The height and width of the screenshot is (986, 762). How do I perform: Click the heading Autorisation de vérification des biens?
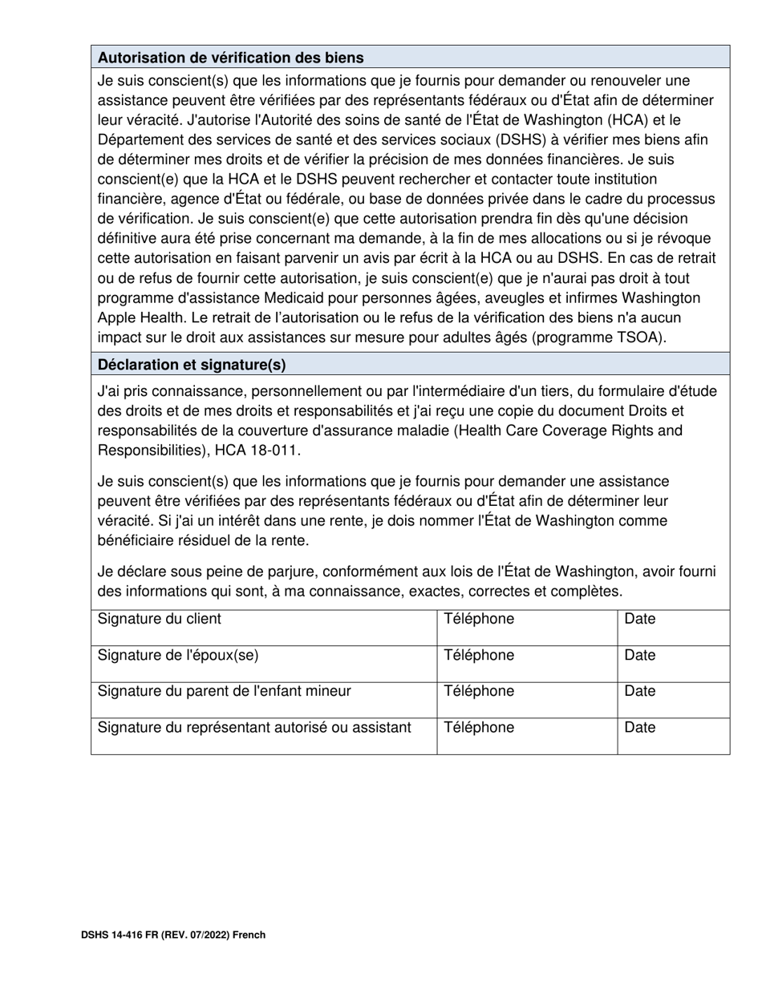click(x=230, y=58)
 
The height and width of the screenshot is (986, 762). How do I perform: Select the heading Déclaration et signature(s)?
click(x=191, y=365)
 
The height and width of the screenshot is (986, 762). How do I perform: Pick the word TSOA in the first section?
click(x=640, y=337)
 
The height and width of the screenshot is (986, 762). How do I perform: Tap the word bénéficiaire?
click(x=141, y=540)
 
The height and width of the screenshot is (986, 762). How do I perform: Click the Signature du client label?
click(x=159, y=619)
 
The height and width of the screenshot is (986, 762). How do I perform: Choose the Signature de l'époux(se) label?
click(x=178, y=655)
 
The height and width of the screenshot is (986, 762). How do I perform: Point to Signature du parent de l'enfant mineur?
click(x=224, y=691)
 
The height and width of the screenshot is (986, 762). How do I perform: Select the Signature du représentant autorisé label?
click(x=254, y=728)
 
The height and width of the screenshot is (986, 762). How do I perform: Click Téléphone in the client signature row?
click(x=479, y=619)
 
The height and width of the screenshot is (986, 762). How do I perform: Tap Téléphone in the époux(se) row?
click(x=479, y=655)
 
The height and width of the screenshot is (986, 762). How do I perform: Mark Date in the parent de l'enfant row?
click(x=640, y=691)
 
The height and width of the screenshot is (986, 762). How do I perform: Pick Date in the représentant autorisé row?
click(x=640, y=728)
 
